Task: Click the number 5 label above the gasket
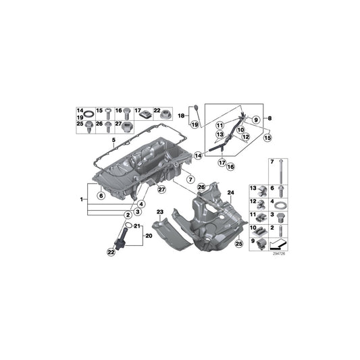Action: tap(113, 140)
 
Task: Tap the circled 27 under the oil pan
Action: tap(161, 190)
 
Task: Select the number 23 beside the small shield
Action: tap(160, 213)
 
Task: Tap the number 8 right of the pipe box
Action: tap(271, 119)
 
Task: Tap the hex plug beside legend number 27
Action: tap(126, 125)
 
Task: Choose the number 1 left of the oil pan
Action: tap(82, 199)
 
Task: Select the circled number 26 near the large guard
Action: tap(201, 187)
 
